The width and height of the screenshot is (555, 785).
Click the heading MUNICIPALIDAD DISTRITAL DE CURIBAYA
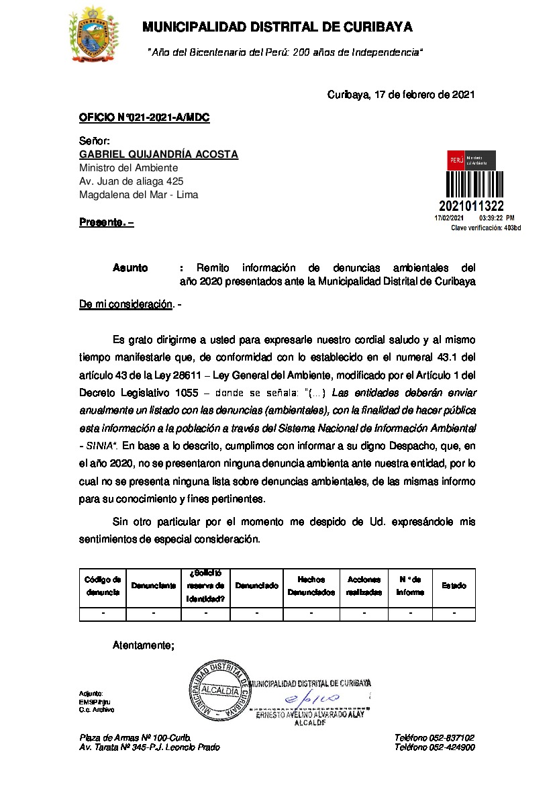tap(277, 28)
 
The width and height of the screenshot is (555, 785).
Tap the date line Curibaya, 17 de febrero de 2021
tap(401, 95)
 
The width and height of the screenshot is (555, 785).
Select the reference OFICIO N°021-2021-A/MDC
tap(144, 118)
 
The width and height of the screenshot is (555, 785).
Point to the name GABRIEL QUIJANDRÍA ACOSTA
tap(158, 155)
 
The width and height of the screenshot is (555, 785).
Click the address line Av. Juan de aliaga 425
tap(132, 181)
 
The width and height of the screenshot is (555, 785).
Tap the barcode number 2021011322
tap(471, 206)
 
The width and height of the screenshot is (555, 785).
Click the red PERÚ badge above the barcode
tap(456, 160)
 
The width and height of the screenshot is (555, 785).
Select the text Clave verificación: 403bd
tap(485, 228)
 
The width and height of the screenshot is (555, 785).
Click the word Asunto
tap(130, 269)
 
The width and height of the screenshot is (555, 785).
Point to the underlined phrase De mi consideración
tap(125, 304)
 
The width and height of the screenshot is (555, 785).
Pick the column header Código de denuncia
tap(103, 586)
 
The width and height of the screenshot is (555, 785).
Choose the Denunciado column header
tap(257, 586)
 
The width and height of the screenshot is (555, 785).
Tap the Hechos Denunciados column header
tap(311, 586)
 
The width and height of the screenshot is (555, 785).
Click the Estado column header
tap(454, 586)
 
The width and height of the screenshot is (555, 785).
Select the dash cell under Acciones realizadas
tap(364, 613)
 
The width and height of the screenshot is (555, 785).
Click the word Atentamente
tap(143, 645)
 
